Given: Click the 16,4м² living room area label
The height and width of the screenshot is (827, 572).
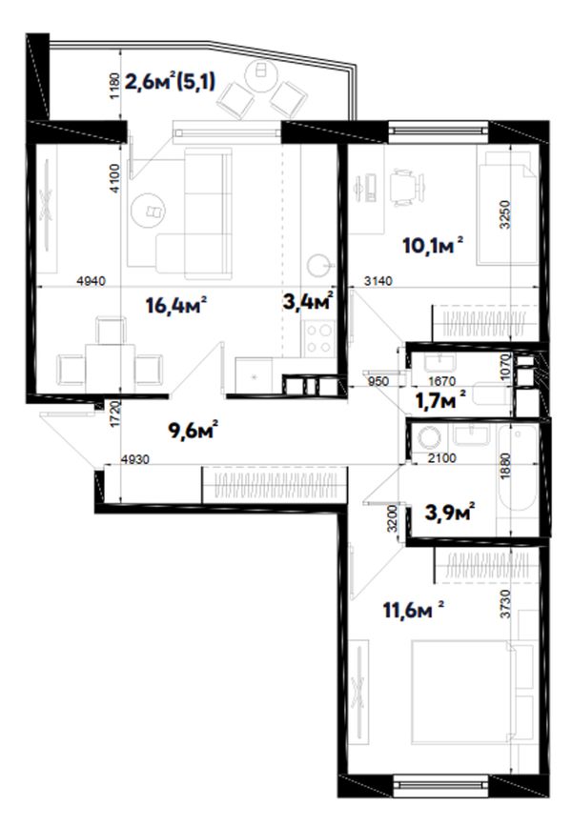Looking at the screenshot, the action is point(175,305).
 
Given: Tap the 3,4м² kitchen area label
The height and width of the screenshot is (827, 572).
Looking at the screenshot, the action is point(308,302).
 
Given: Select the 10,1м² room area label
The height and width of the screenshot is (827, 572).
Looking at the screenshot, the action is point(433,245).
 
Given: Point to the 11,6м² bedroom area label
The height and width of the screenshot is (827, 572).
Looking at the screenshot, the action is point(413,610).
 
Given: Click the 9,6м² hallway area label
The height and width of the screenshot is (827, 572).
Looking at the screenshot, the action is point(194,430).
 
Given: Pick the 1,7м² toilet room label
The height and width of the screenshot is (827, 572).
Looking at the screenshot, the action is point(440,400).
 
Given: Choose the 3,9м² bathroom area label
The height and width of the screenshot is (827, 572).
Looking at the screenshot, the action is point(450,512).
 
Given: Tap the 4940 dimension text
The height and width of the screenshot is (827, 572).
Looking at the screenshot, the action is point(92,282).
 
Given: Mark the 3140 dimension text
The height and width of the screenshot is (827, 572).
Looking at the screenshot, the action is point(378,282).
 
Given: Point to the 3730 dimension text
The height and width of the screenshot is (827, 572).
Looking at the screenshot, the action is point(505,603).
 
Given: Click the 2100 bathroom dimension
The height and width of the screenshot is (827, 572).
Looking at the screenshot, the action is point(441,458).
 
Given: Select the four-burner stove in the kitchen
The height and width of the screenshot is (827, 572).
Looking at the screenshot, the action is point(319,338).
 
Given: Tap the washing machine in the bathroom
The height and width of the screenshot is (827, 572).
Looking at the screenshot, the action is point(429,437).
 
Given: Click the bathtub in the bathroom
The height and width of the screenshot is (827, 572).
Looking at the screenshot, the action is point(517,470).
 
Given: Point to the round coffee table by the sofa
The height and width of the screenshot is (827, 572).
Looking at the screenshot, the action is point(149,210).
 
